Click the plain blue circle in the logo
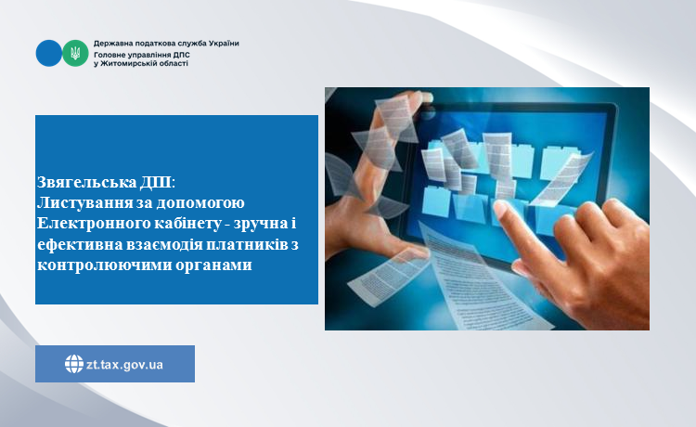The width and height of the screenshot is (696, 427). [49, 53]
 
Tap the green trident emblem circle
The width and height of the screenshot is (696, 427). [75, 53]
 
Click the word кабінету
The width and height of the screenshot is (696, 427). [187, 224]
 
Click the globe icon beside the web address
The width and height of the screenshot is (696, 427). [74, 364]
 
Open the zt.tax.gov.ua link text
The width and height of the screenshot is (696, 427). [124, 365]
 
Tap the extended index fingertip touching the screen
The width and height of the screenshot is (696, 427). [500, 207]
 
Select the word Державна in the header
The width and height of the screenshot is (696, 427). [110, 44]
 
